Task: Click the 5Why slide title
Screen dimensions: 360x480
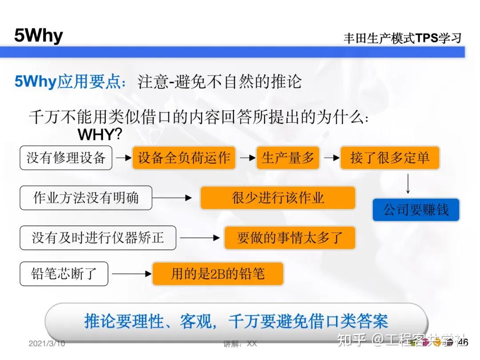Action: (x=39, y=36)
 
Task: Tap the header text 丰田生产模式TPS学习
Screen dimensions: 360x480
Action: (x=402, y=38)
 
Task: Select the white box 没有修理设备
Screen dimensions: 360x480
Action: (x=66, y=158)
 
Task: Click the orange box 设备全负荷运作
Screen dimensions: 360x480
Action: (x=184, y=158)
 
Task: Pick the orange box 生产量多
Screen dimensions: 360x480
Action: (x=288, y=158)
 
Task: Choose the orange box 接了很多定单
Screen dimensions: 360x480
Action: (x=390, y=158)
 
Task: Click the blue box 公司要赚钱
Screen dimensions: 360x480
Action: (x=416, y=210)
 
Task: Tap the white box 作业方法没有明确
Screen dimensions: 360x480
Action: (x=86, y=198)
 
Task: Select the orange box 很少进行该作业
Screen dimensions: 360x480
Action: (x=278, y=198)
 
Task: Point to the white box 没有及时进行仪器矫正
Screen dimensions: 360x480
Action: (x=98, y=238)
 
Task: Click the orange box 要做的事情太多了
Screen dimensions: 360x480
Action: (x=290, y=238)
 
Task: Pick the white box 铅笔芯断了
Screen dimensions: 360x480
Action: (x=64, y=274)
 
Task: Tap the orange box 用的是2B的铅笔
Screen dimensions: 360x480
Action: (x=218, y=274)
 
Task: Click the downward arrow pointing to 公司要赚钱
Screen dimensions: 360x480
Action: (x=408, y=184)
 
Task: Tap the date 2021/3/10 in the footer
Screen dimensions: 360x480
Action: (x=47, y=344)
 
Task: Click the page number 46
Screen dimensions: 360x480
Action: (x=463, y=342)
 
